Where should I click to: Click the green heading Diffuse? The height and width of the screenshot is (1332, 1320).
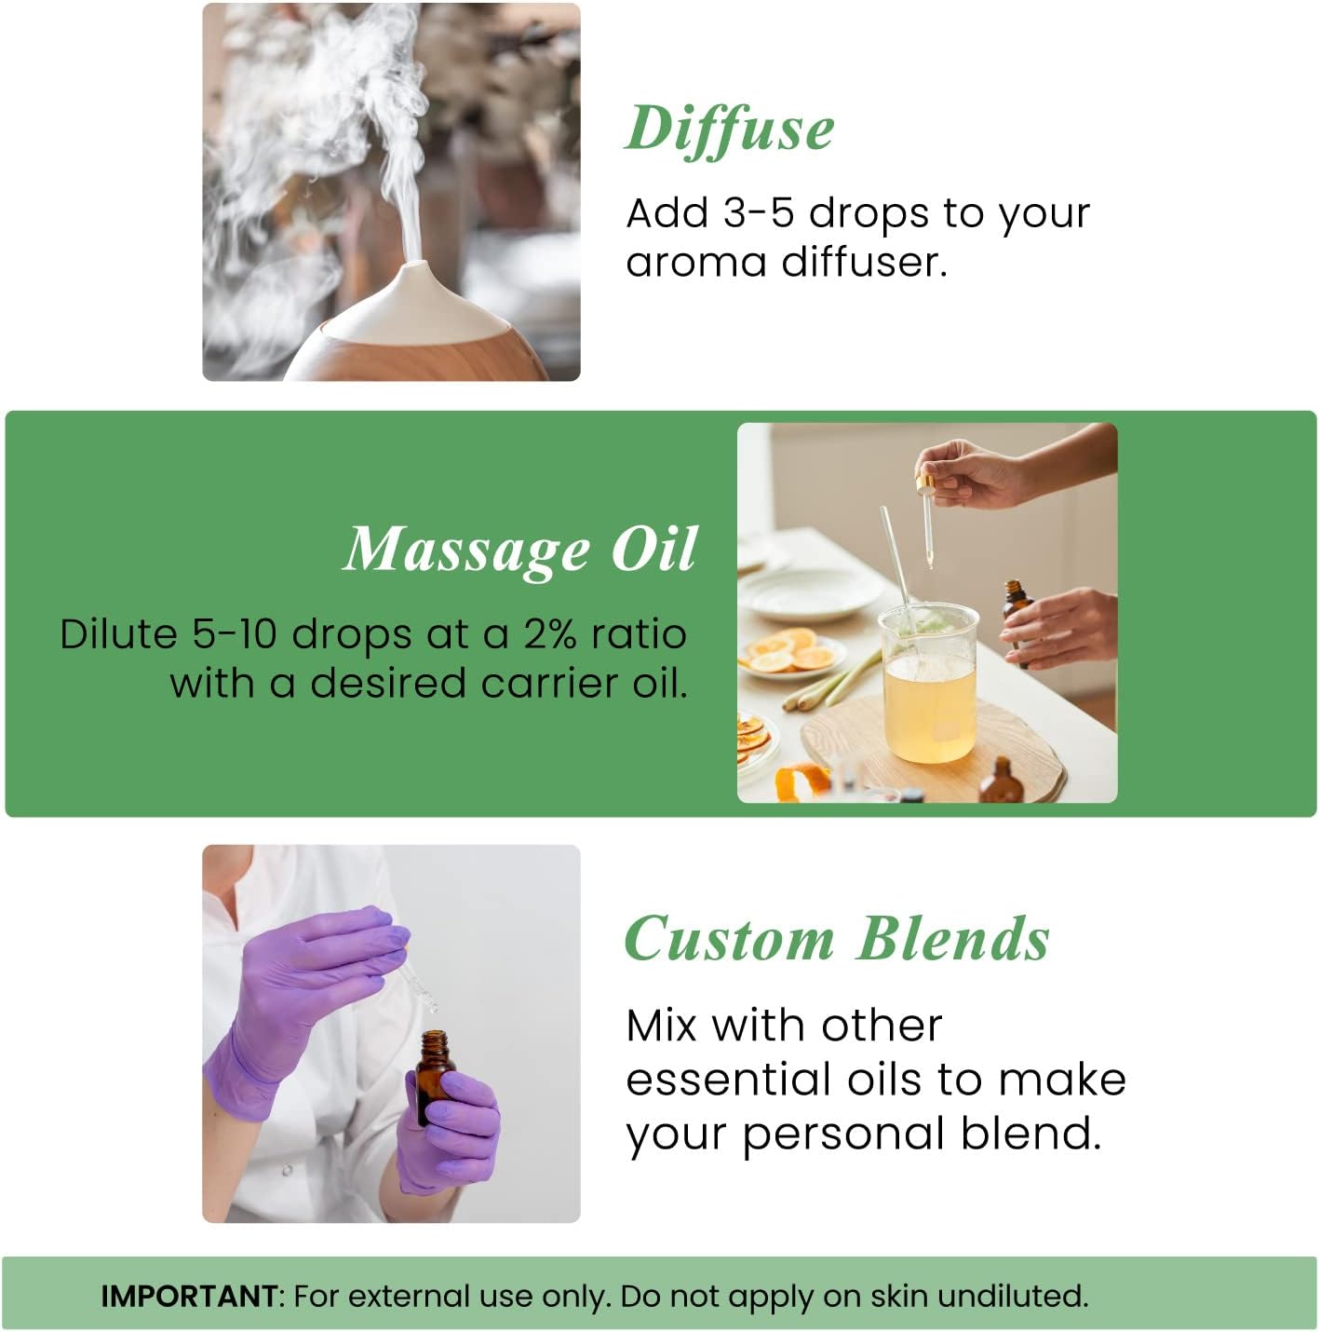tap(729, 129)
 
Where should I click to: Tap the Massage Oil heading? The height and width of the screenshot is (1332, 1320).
tap(520, 550)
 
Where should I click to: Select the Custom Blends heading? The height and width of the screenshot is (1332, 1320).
tap(836, 939)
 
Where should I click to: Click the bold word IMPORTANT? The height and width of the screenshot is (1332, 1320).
tap(189, 1296)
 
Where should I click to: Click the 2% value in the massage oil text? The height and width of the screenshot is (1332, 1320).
tap(549, 634)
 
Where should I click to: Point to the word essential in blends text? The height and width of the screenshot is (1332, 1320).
tap(727, 1081)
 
